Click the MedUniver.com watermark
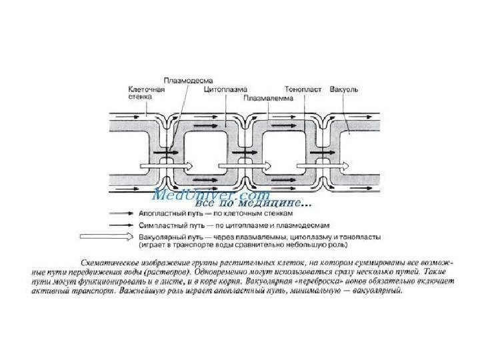211,195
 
